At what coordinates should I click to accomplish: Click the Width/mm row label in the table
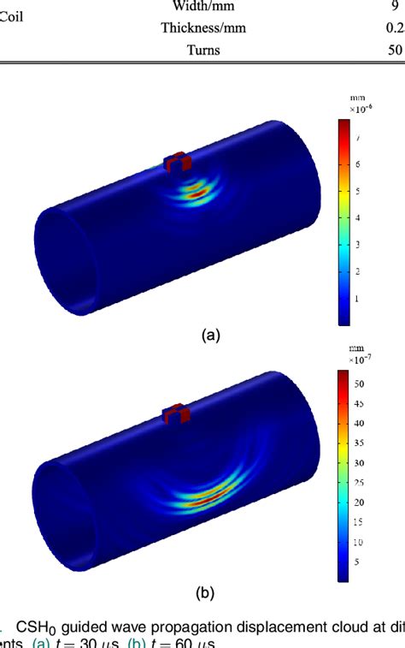pos(203,7)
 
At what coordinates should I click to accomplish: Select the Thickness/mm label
pos(203,27)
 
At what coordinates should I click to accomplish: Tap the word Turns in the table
pos(203,50)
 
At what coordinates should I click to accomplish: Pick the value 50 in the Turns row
pos(395,50)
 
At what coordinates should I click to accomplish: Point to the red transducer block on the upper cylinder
pos(177,162)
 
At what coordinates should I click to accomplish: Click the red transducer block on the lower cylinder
pos(177,413)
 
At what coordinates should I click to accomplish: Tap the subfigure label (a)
pos(210,336)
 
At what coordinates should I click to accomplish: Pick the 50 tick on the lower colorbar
pos(360,383)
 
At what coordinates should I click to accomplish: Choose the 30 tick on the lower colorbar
pos(360,462)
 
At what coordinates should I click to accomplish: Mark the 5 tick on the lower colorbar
pos(360,562)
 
